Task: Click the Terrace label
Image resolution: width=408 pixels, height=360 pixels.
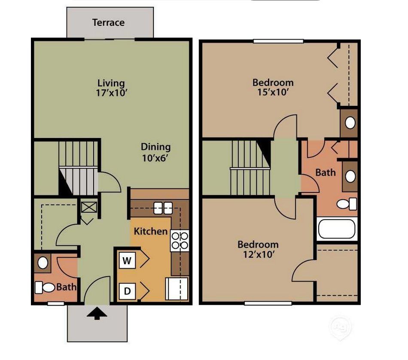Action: pos(108,22)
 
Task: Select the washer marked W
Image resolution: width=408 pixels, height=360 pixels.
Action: pos(127,260)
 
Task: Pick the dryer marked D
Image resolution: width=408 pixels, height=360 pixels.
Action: pos(127,291)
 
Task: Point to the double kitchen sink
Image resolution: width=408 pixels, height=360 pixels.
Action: pos(163,207)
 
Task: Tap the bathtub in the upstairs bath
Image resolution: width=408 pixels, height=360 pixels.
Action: pos(337,229)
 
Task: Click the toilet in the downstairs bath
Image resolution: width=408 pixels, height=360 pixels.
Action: pos(45,287)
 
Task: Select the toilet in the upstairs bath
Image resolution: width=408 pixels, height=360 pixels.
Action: pos(347,204)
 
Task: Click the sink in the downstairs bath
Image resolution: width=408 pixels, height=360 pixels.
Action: pos(43,262)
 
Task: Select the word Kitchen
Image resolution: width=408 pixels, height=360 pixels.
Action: pos(151,232)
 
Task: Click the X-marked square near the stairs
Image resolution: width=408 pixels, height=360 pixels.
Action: pos(89,207)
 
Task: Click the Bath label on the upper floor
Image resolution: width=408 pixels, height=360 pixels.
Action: pos(326,173)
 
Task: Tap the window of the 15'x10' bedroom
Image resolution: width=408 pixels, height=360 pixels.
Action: pos(278,41)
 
